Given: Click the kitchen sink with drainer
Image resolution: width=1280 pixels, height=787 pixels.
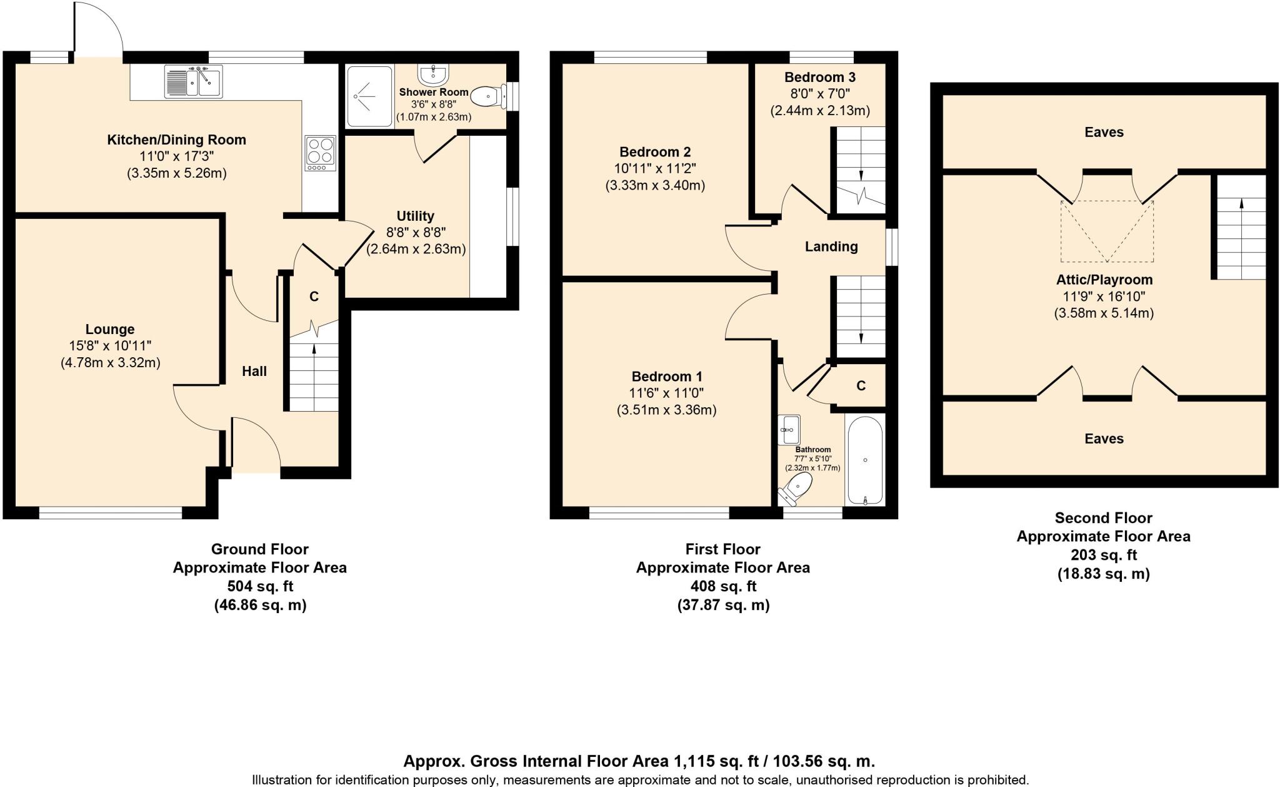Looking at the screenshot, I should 193,81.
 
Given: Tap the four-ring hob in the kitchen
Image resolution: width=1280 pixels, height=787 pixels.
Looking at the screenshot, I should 320,153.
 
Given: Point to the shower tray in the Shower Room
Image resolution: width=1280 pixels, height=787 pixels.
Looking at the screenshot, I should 369,96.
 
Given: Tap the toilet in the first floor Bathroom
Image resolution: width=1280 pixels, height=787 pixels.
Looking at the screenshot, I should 794,489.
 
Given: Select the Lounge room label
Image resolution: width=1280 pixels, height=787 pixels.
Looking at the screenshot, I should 110,329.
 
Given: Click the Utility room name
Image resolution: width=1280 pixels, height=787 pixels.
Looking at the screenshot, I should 415,216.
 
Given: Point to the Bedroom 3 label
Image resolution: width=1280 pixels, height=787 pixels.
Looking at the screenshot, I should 819,78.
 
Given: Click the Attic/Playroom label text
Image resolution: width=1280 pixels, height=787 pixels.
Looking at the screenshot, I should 1104,280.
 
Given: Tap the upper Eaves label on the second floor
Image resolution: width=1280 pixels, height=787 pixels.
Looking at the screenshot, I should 1104,132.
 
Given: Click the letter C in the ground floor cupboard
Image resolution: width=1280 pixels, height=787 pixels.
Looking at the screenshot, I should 314,297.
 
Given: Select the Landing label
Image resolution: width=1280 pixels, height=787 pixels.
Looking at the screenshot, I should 831,246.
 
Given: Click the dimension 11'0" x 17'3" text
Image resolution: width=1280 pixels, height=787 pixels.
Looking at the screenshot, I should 176,156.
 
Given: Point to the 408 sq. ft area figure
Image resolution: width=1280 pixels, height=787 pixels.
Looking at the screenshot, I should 723,586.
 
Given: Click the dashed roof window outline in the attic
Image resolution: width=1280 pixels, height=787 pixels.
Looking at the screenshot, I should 1107,231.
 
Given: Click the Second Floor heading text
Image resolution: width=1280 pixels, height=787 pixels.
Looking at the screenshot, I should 1103,518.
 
